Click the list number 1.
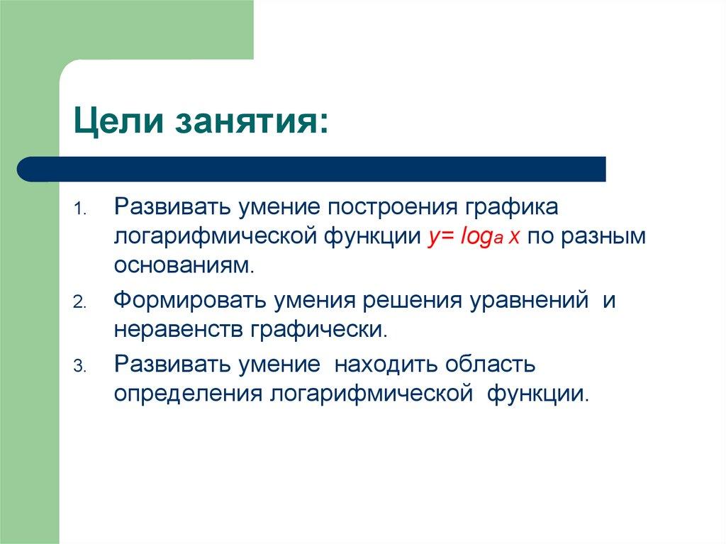pyautogui.click(x=79, y=211)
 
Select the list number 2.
pyautogui.click(x=79, y=302)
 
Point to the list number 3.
pyautogui.click(x=79, y=367)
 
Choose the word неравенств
pyautogui.click(x=177, y=329)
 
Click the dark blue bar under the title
pyautogui.click(x=312, y=170)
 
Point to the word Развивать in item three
pyautogui.click(x=172, y=365)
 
